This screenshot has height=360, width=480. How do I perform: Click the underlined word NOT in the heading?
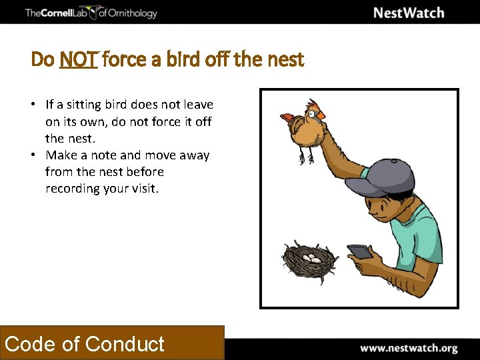[x=79, y=60]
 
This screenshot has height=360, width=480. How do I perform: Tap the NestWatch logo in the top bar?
[x=409, y=13]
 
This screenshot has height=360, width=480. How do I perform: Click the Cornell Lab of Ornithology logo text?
[x=91, y=13]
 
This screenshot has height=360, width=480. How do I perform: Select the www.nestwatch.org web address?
[x=409, y=348]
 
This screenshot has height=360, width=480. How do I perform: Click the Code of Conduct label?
[x=85, y=343]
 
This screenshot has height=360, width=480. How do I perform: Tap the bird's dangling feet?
[x=306, y=157]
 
